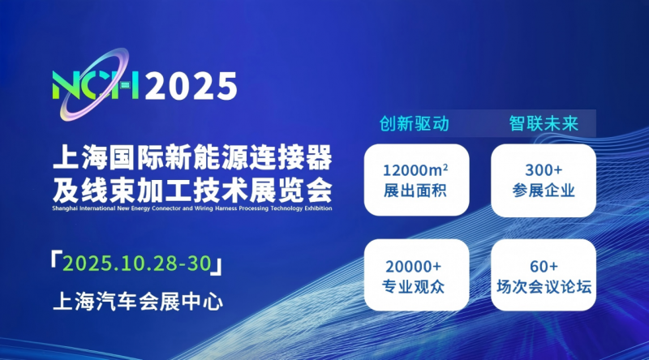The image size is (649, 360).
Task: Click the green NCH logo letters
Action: click(x=96, y=86)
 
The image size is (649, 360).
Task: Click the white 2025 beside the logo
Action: click(x=191, y=86)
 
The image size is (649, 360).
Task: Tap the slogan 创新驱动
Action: click(x=415, y=124)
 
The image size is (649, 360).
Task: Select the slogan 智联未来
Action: click(x=544, y=124)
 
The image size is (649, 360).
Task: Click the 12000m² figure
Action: click(x=415, y=170)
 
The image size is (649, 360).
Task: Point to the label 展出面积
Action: click(x=415, y=191)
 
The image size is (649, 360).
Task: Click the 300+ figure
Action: click(x=544, y=170)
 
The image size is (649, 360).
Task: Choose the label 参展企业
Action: click(x=544, y=191)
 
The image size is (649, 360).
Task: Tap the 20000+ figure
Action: click(x=413, y=267)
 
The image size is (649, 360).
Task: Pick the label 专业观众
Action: click(x=413, y=287)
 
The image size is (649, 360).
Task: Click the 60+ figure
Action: click(x=544, y=267)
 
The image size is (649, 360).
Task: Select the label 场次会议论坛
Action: click(x=544, y=287)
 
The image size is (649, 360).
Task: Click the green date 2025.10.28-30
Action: click(x=137, y=264)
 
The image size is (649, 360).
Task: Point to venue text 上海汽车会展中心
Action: click(x=138, y=302)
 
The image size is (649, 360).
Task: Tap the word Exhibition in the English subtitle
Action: click(x=318, y=208)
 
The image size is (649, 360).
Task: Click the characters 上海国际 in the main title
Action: click(x=108, y=157)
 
